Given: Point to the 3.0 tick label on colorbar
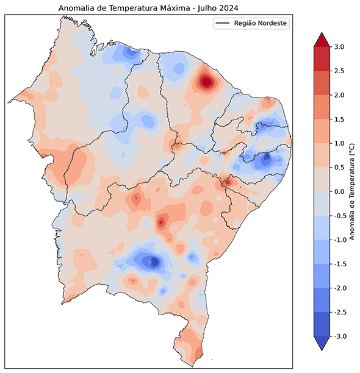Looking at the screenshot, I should click(339, 47).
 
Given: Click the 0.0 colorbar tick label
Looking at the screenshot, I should click(339, 191).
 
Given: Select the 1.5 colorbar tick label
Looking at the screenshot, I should click(339, 119).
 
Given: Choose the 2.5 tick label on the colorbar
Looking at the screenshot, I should click(339, 71).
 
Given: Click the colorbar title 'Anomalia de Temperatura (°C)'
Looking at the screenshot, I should click(352, 191).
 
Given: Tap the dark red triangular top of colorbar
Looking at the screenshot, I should click(321, 40).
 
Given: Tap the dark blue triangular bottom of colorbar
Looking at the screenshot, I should click(321, 343).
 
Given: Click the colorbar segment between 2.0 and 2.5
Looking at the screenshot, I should click(321, 83).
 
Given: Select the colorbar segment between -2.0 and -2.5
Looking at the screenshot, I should click(321, 300).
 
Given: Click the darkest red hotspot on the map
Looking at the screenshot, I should click(206, 81).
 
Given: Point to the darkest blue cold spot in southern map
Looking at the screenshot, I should click(154, 261).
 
